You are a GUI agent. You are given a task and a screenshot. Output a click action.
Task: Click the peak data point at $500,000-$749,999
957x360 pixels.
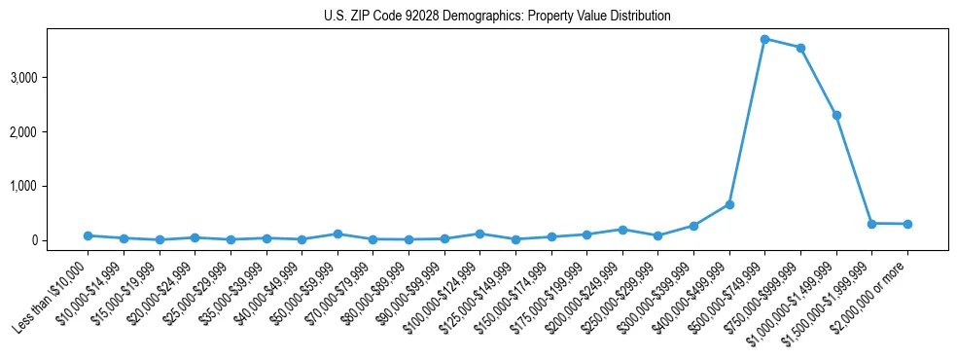click(765, 39)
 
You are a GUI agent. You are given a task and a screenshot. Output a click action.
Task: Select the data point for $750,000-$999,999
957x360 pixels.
click(800, 48)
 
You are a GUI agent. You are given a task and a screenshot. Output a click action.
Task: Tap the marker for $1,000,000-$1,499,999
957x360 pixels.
click(836, 115)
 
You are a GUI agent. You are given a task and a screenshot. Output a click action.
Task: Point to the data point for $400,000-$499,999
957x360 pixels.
click(729, 204)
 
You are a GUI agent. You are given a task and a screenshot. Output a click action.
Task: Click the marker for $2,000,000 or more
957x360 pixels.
click(907, 224)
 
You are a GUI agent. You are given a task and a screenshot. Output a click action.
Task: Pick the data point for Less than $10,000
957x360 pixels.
click(88, 235)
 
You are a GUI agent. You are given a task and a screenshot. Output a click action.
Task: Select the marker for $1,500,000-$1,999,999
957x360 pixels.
click(872, 223)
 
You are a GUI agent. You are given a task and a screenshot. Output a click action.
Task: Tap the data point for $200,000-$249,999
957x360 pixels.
click(622, 230)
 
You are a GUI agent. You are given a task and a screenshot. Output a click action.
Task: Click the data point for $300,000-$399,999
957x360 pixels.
click(693, 226)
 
